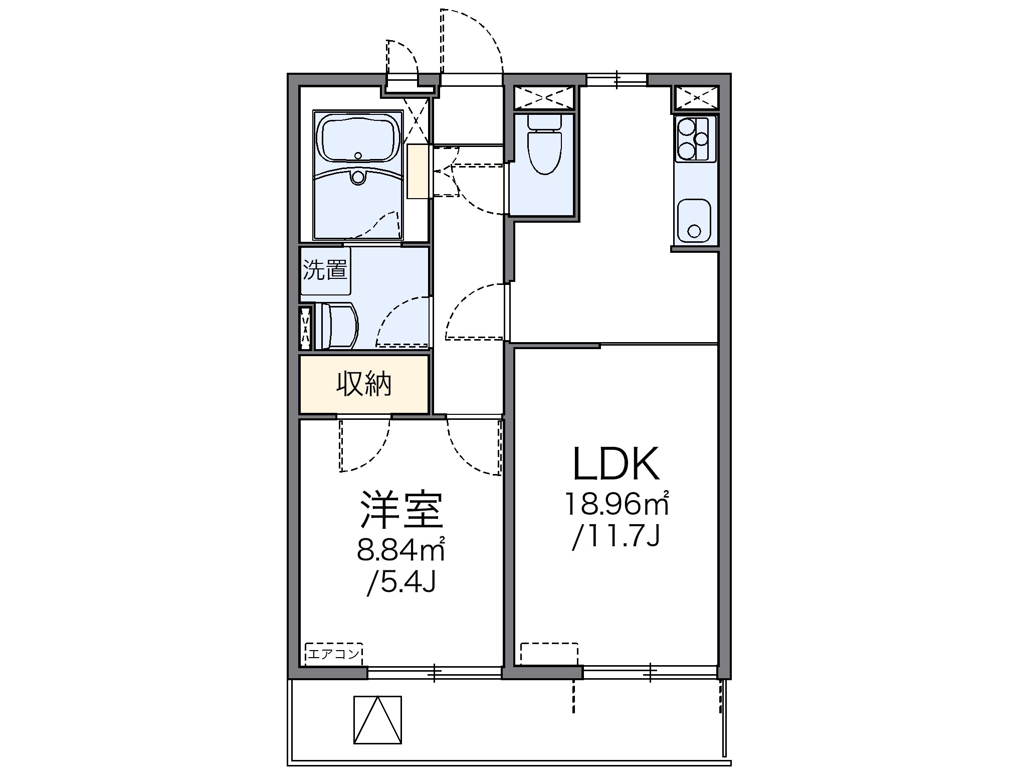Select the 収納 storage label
[x=364, y=384]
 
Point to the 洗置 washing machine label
[x=325, y=270]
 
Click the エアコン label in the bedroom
[x=334, y=654]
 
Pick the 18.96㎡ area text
[x=617, y=504]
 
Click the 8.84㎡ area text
[x=401, y=550]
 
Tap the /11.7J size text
[x=616, y=537]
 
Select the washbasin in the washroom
[x=336, y=326]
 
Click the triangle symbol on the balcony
[x=377, y=719]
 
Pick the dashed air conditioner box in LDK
[x=549, y=654]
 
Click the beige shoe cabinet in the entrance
[x=419, y=171]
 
